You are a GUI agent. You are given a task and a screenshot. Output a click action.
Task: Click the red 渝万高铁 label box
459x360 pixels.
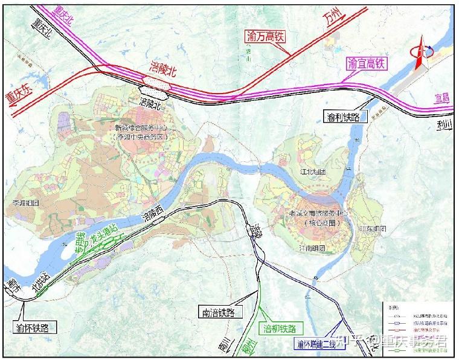[x=266, y=36]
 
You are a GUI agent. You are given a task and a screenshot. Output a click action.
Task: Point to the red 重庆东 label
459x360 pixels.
[x=20, y=98]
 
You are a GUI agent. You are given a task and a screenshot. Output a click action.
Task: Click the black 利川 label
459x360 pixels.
[x=447, y=125]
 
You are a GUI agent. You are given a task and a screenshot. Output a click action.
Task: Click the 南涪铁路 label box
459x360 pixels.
[x=219, y=312]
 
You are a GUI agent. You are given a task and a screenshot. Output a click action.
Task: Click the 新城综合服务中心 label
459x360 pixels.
[x=142, y=128]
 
